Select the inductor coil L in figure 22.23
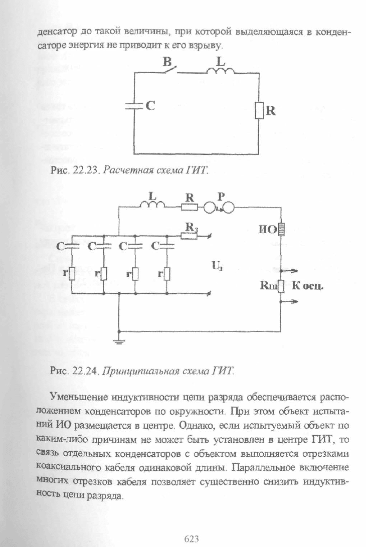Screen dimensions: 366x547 (221, 71)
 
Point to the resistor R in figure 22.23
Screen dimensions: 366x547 (259, 111)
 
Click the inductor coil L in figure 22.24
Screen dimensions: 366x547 (152, 205)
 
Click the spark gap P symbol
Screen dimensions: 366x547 (219, 208)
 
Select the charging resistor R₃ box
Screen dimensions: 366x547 (189, 236)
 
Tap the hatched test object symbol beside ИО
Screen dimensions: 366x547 (281, 230)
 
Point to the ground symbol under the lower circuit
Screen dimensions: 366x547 (119, 341)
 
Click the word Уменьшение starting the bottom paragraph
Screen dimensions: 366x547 (79, 397)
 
